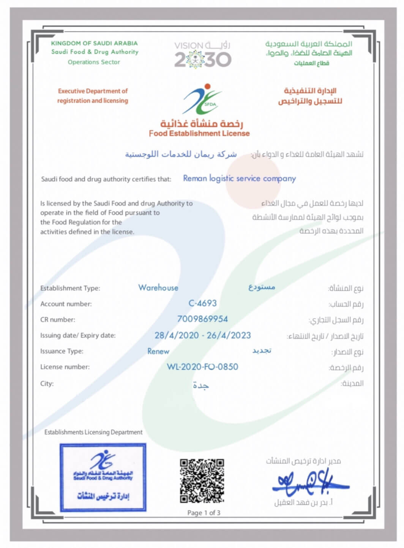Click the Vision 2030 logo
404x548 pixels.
202,55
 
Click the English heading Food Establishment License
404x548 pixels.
199,133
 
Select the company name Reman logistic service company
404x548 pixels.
239,178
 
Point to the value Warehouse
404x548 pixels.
158,288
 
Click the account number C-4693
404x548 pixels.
202,303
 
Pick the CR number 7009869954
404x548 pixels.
202,319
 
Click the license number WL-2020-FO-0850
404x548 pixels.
202,367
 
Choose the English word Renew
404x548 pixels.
158,351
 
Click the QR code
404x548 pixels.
202,481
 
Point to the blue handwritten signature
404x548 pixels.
309,483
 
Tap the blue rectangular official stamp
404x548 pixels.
103,477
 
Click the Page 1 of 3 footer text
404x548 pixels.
204,513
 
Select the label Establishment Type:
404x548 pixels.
70,288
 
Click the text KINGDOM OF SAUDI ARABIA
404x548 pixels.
94,43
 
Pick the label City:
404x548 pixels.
47,384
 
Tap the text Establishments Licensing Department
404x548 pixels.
93,432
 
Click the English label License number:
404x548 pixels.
65,367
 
